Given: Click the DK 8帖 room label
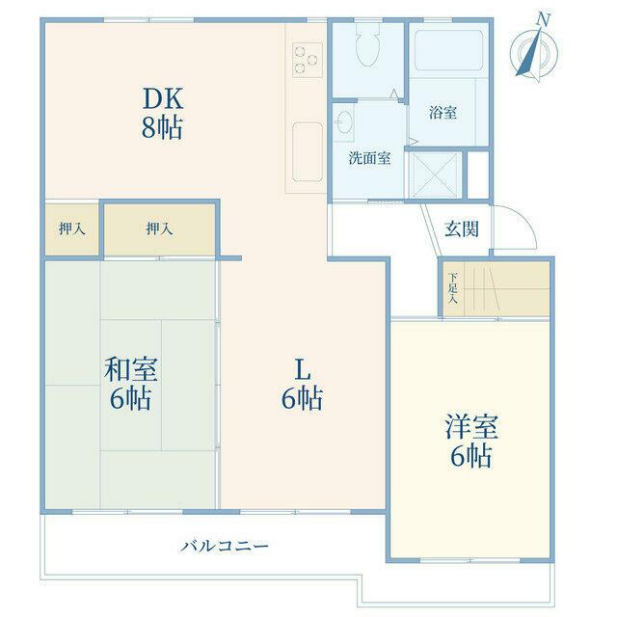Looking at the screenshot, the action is (163, 114).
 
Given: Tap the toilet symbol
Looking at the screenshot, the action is (368, 43).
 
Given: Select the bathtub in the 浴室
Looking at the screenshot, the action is (448, 50).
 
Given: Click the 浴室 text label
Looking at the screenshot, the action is (443, 113).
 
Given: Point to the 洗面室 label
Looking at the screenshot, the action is (369, 158).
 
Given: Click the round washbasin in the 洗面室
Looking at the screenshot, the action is (345, 121).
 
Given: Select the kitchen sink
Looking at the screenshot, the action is (308, 152).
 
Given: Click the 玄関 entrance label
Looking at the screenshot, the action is (462, 229).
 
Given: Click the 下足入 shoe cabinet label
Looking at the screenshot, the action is (453, 287).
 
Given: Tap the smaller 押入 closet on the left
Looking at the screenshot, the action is (71, 229).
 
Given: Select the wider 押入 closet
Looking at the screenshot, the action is (159, 229).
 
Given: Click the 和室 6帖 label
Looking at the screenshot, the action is (131, 384).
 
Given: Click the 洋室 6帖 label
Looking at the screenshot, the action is (471, 442).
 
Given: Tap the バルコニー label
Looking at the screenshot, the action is (225, 546).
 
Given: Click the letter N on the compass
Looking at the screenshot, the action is (544, 19).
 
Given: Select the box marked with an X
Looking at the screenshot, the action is (436, 174).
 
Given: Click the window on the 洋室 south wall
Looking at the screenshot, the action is (470, 560).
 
